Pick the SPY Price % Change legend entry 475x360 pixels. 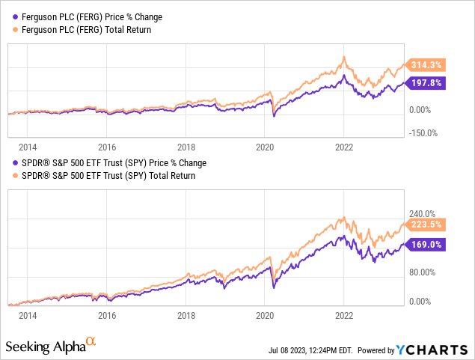(109, 162)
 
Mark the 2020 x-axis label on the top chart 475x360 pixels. (265, 147)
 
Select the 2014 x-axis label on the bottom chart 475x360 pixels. (28, 315)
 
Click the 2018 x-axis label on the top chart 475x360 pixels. (186, 147)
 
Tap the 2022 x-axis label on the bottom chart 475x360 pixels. (343, 315)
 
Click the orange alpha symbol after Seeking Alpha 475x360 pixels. (91, 341)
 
